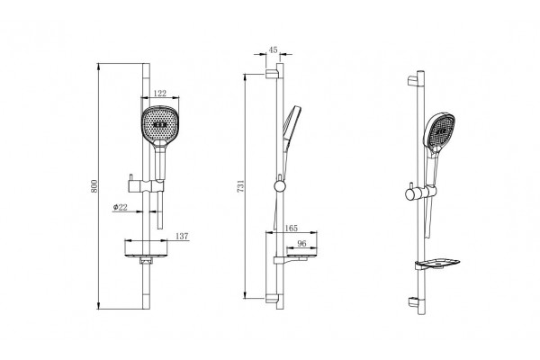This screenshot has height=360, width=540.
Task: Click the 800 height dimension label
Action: (x=94, y=186)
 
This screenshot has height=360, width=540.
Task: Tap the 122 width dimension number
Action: (x=160, y=94)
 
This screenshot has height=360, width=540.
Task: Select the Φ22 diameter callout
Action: (x=121, y=207)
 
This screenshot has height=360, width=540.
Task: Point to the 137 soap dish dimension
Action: (x=182, y=237)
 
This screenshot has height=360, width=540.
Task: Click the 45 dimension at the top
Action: (x=273, y=50)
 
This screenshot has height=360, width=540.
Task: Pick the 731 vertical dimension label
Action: (x=240, y=185)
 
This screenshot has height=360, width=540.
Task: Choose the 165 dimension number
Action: (x=292, y=228)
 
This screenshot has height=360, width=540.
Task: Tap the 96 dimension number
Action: (x=301, y=244)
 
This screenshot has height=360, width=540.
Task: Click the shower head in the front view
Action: (x=159, y=125)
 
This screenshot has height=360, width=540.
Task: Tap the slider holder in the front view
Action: (x=145, y=186)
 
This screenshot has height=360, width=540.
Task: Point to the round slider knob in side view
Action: (x=280, y=186)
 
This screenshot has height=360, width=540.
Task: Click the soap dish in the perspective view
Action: (x=437, y=264)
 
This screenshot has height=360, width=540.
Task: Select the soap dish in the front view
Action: (x=146, y=256)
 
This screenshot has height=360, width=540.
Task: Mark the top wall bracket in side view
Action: (x=271, y=74)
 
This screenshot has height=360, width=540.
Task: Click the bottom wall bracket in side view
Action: (x=271, y=298)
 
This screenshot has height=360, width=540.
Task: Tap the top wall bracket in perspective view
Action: (x=413, y=81)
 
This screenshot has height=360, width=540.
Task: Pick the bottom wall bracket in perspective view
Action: (x=413, y=301)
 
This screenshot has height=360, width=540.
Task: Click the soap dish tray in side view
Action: (x=295, y=259)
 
